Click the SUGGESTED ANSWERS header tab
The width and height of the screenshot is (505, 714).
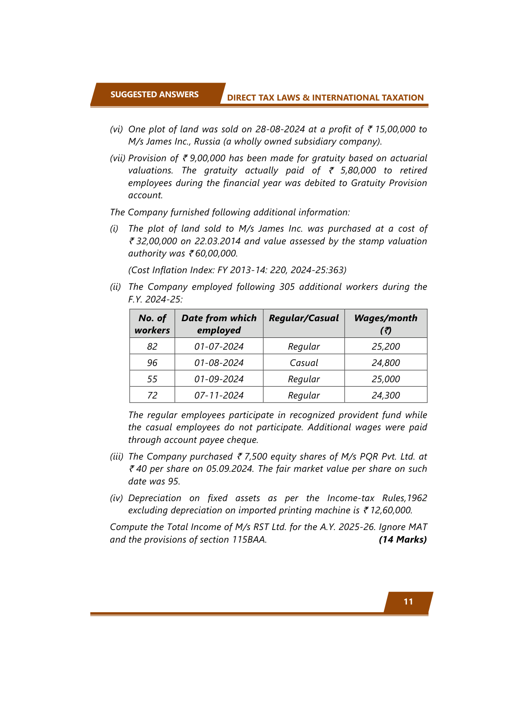(154, 94)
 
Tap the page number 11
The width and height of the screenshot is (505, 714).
(408, 602)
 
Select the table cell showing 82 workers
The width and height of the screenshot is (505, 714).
(152, 346)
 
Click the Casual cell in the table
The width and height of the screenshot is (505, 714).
(304, 363)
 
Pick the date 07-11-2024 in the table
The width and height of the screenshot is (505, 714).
(219, 395)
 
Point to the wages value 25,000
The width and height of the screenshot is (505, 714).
(385, 379)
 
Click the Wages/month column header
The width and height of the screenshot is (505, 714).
(385, 324)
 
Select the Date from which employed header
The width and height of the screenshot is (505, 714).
(219, 324)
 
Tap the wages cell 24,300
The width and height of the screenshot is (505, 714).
(385, 395)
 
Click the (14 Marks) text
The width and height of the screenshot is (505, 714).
(402, 539)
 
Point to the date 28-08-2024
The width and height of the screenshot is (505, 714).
(280, 129)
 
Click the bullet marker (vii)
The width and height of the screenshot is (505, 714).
(118, 158)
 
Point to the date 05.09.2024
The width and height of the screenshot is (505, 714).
(230, 469)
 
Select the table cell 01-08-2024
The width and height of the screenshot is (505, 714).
(219, 363)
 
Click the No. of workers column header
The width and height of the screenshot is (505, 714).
(152, 324)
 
